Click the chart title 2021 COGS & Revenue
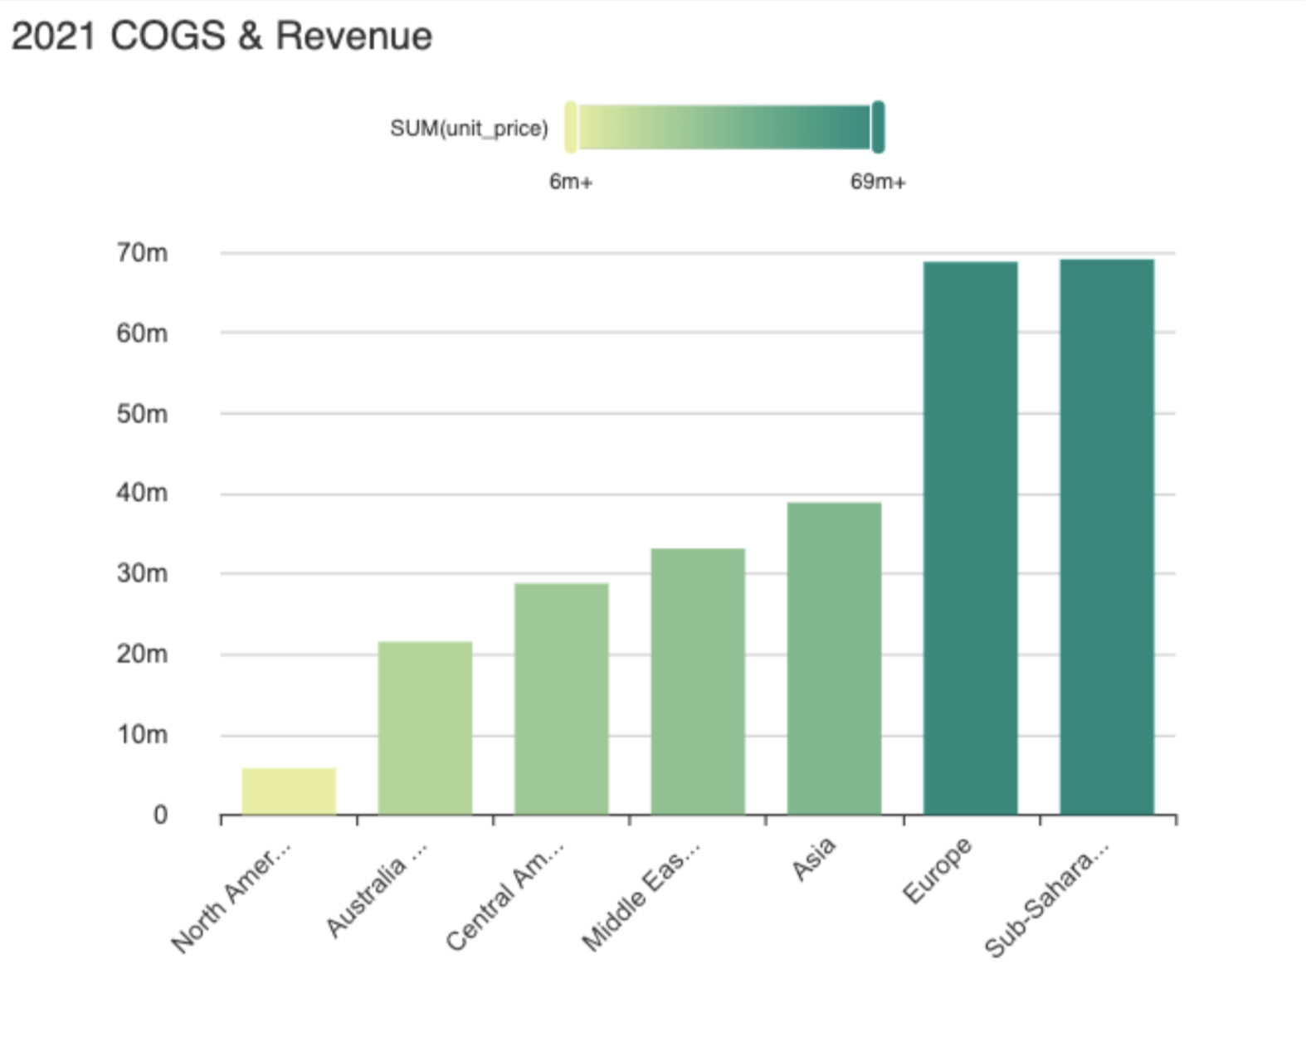click(x=222, y=37)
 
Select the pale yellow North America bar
click(x=289, y=791)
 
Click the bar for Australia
click(x=425, y=728)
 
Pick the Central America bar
click(x=561, y=699)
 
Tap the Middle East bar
click(x=698, y=682)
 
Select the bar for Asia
click(x=834, y=659)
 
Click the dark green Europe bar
click(x=970, y=538)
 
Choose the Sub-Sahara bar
click(x=1107, y=537)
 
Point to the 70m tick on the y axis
click(x=142, y=253)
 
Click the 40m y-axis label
click(x=142, y=494)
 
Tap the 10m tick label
click(x=142, y=735)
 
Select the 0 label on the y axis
click(x=160, y=815)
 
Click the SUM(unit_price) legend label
click(x=469, y=129)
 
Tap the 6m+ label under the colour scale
click(x=571, y=182)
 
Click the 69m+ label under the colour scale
click(x=878, y=182)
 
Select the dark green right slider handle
click(x=878, y=127)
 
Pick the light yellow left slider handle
click(x=571, y=127)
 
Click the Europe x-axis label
click(x=937, y=870)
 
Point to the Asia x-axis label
click(x=813, y=859)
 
